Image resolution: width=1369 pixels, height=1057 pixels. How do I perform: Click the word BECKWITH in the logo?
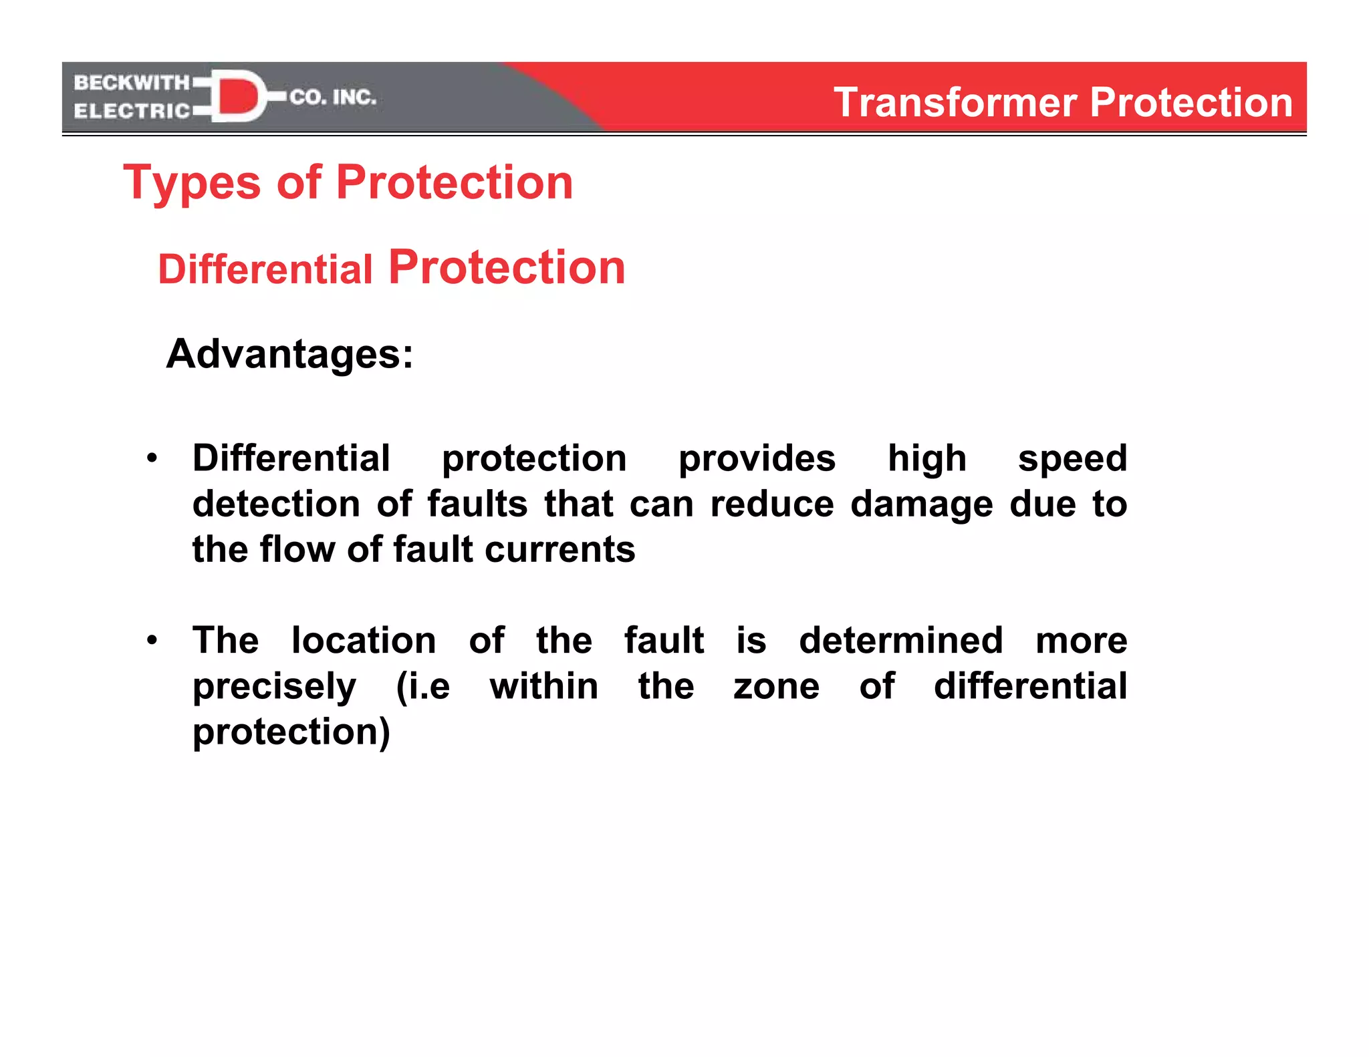(x=131, y=83)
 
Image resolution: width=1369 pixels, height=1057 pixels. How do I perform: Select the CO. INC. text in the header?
(x=333, y=98)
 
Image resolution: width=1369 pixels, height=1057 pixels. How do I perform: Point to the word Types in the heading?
(x=192, y=183)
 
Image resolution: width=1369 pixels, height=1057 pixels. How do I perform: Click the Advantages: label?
(x=289, y=353)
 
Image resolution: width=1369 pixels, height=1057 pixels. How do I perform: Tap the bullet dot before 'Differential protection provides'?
(x=152, y=458)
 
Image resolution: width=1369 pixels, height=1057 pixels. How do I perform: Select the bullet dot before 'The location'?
(x=152, y=641)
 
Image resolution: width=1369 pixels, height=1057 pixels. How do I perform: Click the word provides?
(x=757, y=459)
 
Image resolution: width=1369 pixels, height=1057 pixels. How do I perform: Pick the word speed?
(x=1072, y=459)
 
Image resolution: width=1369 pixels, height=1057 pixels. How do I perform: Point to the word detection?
(x=276, y=504)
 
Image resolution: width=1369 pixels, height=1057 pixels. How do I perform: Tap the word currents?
(x=559, y=549)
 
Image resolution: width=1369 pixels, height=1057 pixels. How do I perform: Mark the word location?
(x=364, y=641)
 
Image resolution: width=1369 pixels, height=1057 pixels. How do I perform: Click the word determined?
(x=900, y=641)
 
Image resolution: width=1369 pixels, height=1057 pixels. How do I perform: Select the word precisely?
(x=275, y=688)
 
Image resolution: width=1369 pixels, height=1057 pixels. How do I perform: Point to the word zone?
(x=776, y=687)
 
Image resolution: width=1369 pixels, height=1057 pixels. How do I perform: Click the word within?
(x=544, y=686)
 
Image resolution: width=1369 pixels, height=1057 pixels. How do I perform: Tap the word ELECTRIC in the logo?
(x=132, y=111)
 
